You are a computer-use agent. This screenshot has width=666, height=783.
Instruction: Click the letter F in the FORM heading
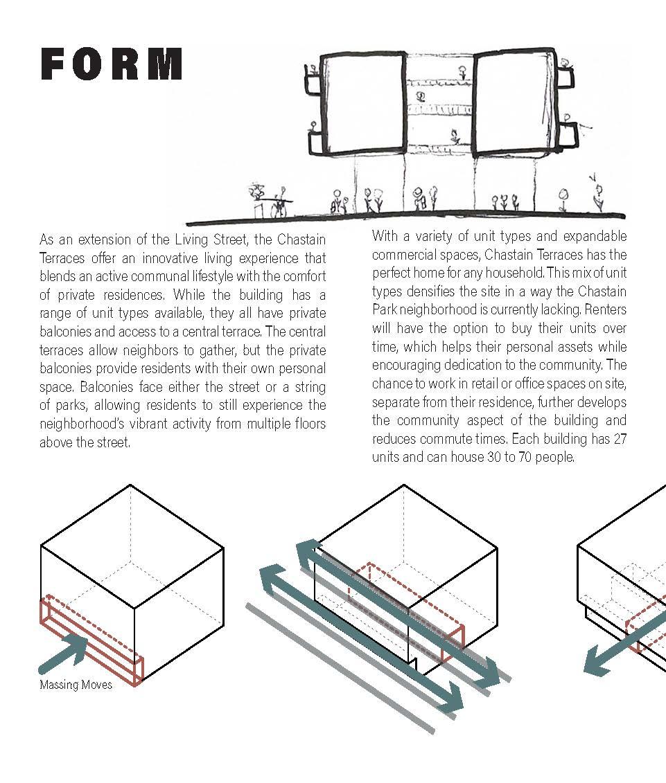click(x=55, y=64)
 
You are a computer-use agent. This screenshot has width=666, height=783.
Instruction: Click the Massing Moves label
click(x=76, y=685)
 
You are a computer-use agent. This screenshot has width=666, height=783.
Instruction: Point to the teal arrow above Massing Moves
click(x=66, y=654)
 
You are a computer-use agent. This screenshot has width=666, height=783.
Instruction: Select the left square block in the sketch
click(x=365, y=104)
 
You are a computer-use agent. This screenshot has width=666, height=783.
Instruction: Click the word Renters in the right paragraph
click(x=604, y=309)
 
